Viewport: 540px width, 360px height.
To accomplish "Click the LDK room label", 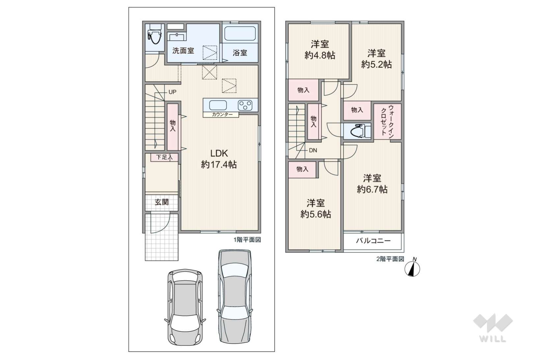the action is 219,153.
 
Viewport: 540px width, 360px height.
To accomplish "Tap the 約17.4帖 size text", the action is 219,165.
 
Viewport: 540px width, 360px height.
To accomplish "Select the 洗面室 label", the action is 183,51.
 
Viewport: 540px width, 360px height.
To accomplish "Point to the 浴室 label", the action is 240,53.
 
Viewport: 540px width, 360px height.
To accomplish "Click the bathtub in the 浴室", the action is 240,33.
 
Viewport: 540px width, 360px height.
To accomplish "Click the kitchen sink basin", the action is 218,105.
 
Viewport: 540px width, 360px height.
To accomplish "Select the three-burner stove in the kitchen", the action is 245,105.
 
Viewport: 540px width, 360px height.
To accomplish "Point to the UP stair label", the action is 172,92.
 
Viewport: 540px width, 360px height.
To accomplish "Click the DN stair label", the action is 313,151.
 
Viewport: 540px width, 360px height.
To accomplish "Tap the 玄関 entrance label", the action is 161,202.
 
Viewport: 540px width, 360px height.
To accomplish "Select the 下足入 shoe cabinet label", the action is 164,157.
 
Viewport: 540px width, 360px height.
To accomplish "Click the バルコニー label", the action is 373,241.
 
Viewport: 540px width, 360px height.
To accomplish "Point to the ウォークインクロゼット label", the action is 388,122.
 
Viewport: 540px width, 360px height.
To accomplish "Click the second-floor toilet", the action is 357,131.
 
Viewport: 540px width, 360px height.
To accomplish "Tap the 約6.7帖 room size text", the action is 372,189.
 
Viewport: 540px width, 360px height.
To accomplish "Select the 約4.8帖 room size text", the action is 320,55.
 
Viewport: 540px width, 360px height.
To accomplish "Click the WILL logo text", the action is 493,339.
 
